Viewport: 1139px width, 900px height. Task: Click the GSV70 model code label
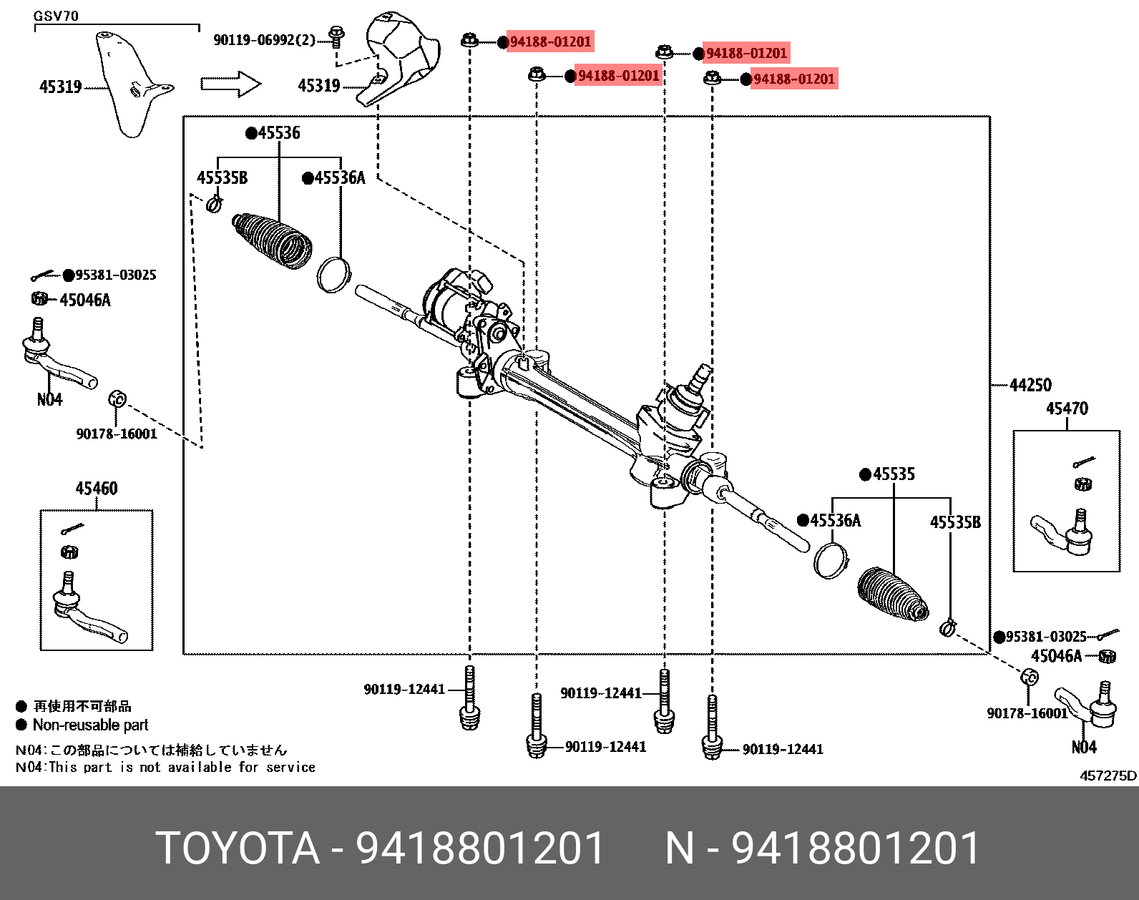click(56, 16)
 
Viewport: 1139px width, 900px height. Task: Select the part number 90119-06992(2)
click(264, 40)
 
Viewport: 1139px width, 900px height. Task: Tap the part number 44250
click(1030, 386)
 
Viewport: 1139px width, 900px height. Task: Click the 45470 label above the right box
click(1067, 409)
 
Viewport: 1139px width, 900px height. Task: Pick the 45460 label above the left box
click(97, 489)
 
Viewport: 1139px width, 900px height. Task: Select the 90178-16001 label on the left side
click(117, 434)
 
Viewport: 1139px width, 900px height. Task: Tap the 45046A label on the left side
click(85, 300)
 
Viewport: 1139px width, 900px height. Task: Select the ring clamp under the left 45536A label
click(334, 274)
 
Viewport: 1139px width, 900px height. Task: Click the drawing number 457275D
click(1108, 776)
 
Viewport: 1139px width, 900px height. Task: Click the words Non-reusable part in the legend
click(90, 725)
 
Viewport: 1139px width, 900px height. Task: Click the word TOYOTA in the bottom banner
click(237, 848)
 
